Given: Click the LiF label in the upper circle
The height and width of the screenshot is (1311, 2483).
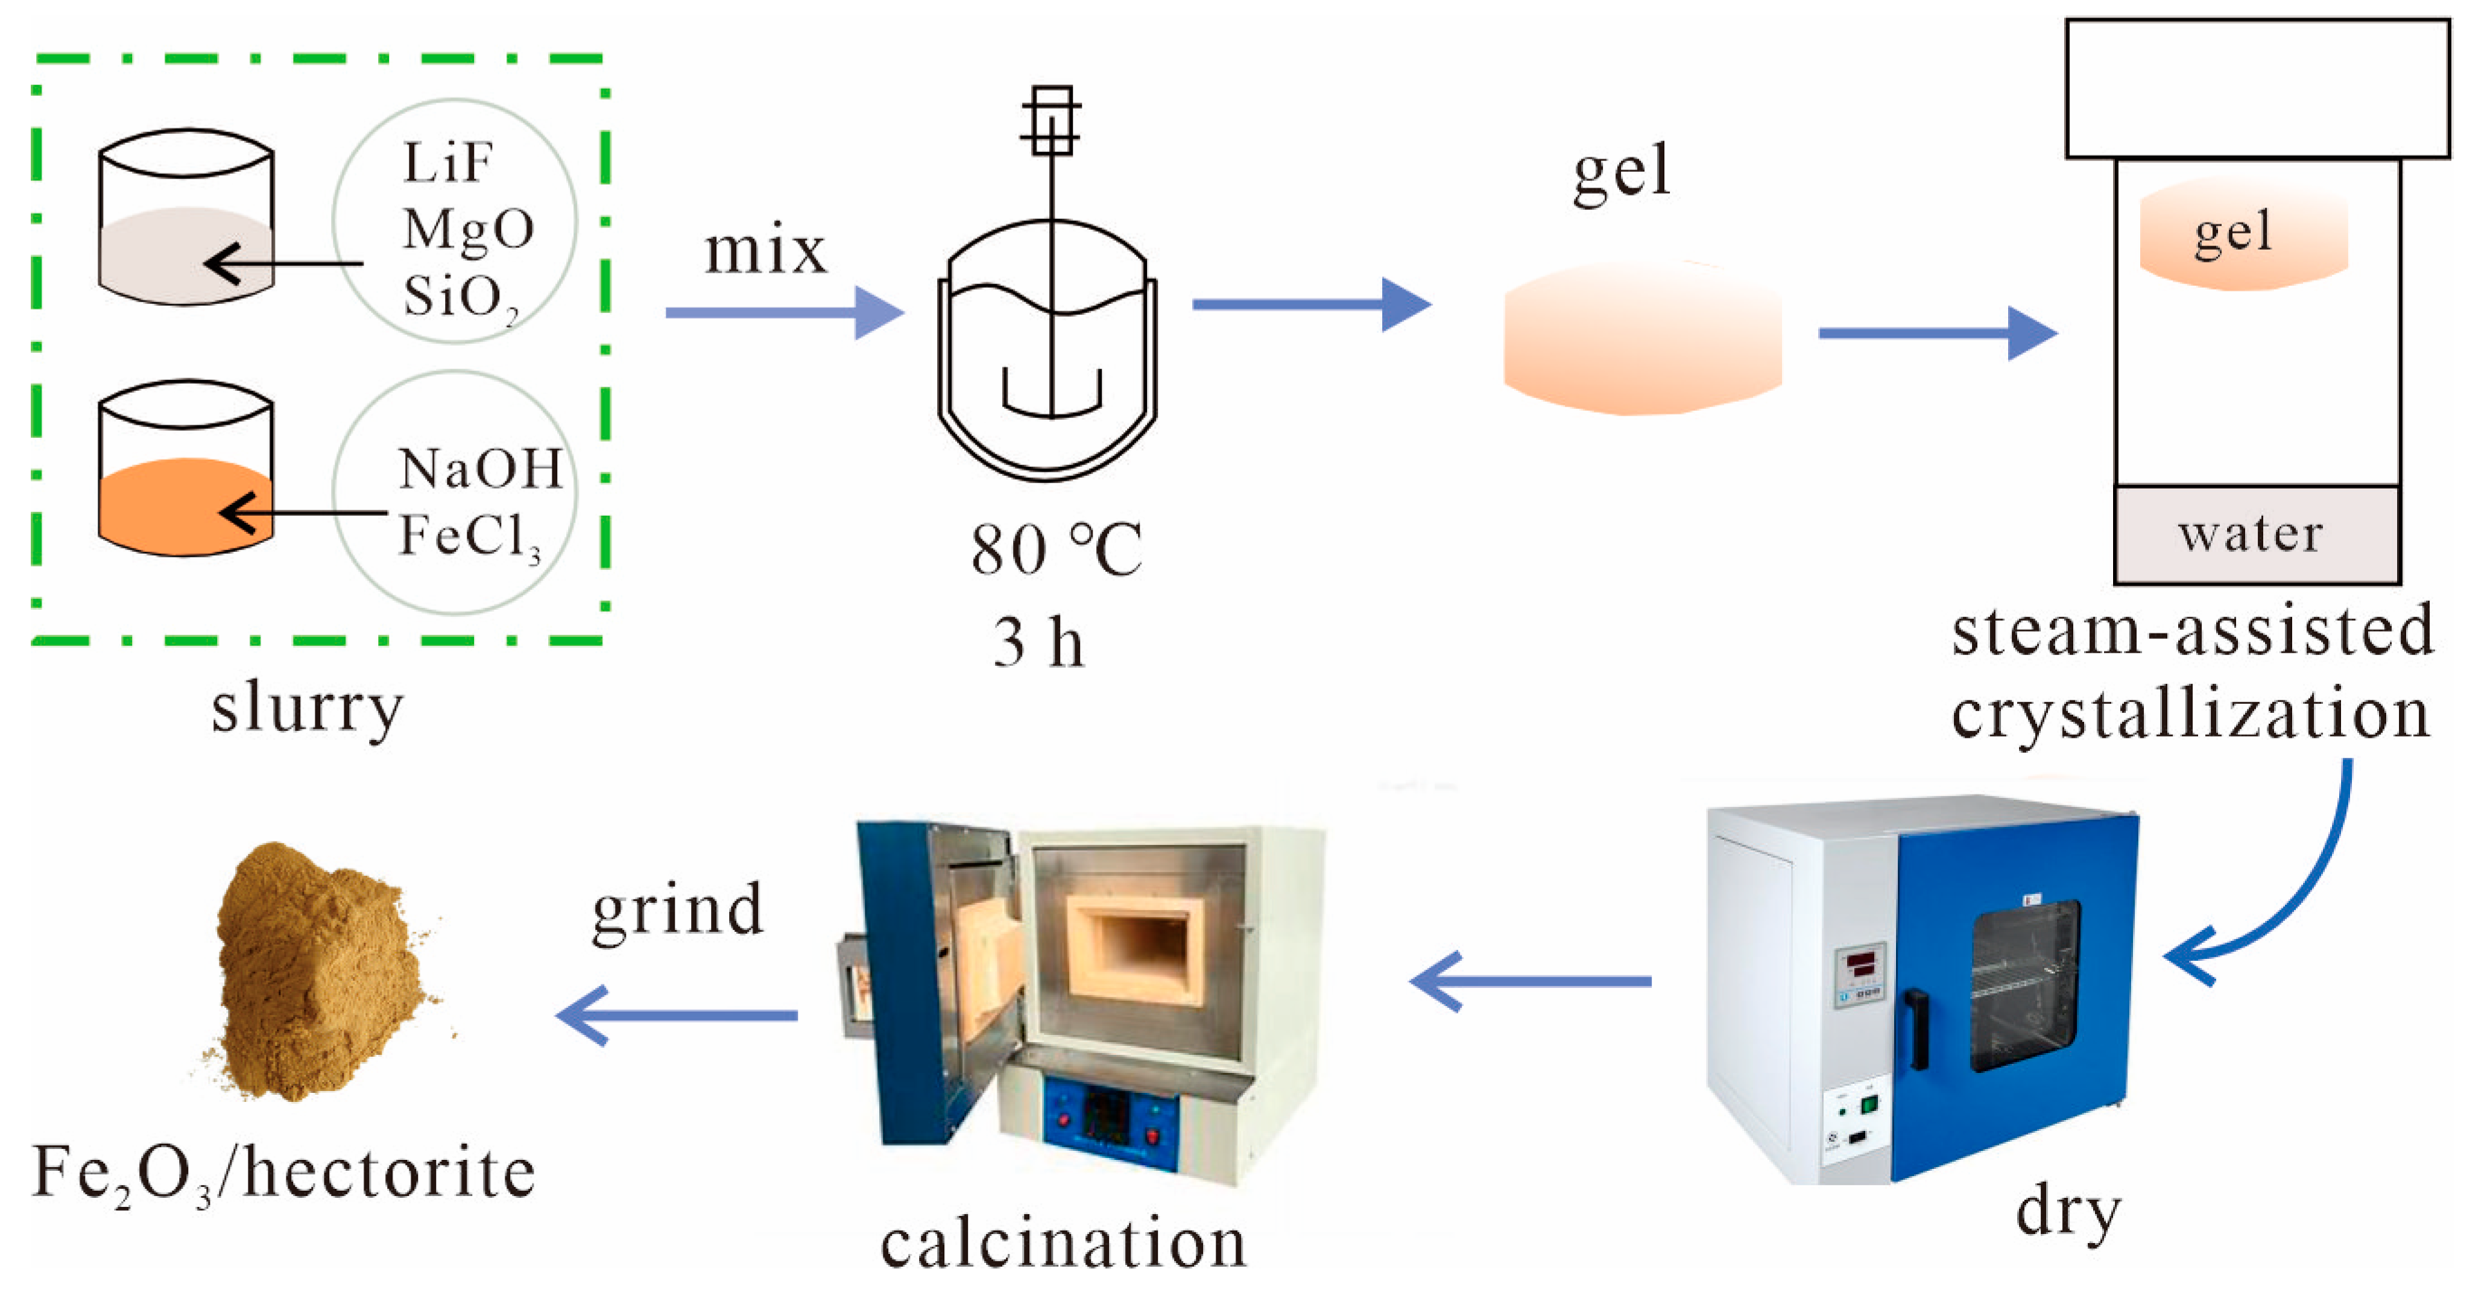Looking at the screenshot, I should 449,163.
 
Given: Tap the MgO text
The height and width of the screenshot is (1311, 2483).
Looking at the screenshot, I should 469,230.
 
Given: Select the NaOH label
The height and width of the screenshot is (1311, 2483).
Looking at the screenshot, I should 480,470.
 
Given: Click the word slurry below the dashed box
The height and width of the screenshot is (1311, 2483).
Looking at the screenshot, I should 308,708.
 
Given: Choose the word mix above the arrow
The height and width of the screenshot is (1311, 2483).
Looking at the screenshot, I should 765,251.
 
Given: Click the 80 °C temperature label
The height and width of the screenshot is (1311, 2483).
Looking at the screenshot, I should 1056,549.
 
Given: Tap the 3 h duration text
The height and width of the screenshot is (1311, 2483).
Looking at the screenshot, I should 1038,642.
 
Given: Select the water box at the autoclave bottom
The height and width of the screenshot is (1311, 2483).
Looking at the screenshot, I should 2256,534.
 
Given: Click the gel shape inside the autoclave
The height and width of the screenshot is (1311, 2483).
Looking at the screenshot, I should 2243,234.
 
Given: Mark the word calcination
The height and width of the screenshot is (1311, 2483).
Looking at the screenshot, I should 1063,1242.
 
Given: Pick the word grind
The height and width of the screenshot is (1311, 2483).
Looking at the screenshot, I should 678,910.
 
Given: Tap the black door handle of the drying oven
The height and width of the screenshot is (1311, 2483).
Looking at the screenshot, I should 1919,1030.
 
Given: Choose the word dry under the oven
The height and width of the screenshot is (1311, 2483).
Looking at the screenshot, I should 2069,1211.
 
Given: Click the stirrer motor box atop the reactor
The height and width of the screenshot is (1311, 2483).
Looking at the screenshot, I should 1051,120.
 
